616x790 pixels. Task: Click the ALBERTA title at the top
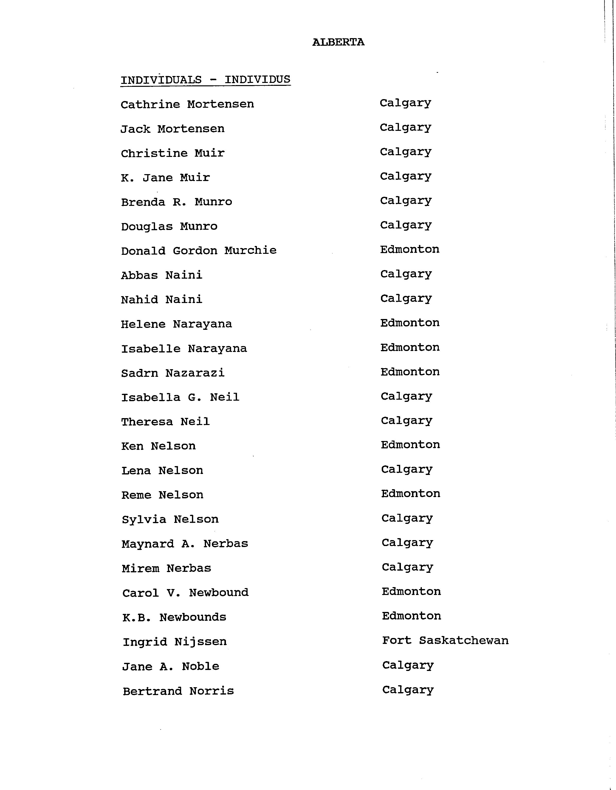coord(338,42)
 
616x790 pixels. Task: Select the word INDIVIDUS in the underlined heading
coord(257,79)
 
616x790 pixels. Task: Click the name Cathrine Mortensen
coord(187,105)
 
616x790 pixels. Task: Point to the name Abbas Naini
coord(161,275)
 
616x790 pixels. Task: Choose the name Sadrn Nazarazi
coord(173,373)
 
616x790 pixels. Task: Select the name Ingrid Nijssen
coord(174,642)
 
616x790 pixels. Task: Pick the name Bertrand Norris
coord(178,691)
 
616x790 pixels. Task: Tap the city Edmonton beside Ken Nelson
coord(410,444)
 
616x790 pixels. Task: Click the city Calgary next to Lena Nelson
coord(407,470)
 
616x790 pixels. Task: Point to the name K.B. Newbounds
coord(174,617)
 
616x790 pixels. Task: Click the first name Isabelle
coord(151,349)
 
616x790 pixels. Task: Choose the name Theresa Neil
coord(165,422)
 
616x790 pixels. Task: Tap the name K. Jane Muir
coord(165,178)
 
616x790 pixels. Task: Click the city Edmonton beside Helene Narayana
coord(410,323)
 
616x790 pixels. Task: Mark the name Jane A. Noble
coord(171,667)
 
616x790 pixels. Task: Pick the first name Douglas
coord(147,227)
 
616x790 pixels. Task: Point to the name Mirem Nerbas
coord(166,568)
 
